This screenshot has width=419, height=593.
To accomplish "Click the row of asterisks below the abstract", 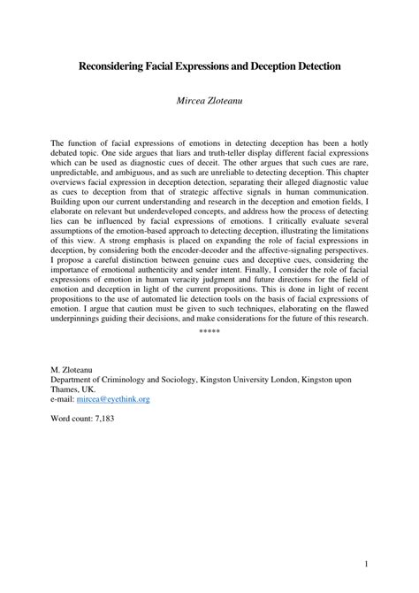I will [x=209, y=355].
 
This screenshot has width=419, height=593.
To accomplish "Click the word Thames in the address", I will [x=71, y=388].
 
